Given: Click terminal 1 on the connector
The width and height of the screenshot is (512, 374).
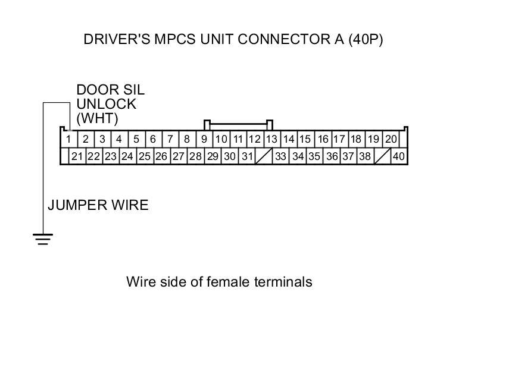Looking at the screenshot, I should pyautogui.click(x=68, y=139).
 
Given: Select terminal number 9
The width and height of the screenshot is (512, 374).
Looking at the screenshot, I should pyautogui.click(x=204, y=139).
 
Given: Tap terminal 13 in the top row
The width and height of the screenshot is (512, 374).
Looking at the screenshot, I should pyautogui.click(x=271, y=139).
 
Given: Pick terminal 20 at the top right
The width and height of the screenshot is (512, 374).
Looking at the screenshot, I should pyautogui.click(x=391, y=139).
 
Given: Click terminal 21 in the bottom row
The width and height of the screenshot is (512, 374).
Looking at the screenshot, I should pyautogui.click(x=77, y=156).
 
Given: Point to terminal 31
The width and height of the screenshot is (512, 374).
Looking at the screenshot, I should pyautogui.click(x=247, y=156).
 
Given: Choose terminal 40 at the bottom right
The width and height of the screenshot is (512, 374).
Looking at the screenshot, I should pyautogui.click(x=398, y=156).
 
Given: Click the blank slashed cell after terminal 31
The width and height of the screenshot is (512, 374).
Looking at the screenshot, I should pyautogui.click(x=264, y=156).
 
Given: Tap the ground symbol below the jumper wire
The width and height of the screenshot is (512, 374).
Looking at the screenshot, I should pyautogui.click(x=42, y=239).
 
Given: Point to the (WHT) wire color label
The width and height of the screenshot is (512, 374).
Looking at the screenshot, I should pyautogui.click(x=98, y=118).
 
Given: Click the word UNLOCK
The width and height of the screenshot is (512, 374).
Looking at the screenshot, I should pyautogui.click(x=107, y=104).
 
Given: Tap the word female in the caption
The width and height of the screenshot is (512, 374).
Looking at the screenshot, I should pyautogui.click(x=229, y=281).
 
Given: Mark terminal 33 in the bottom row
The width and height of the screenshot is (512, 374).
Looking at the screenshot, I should pyautogui.click(x=280, y=156).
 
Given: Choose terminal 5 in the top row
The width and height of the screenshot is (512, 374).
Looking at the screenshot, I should pyautogui.click(x=136, y=139).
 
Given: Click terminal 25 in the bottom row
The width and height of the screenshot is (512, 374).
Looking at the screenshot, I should pyautogui.click(x=144, y=156).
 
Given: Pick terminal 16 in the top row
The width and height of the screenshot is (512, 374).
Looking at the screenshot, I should pyautogui.click(x=323, y=139).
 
